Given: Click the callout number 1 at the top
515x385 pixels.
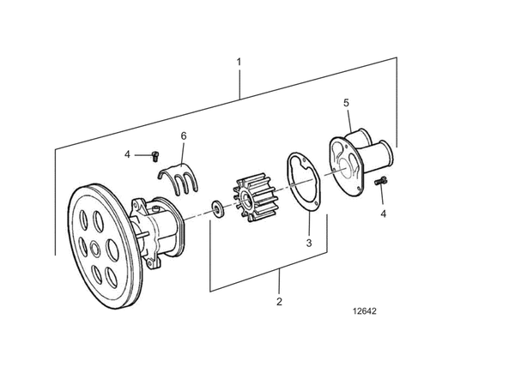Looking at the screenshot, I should coord(239,63).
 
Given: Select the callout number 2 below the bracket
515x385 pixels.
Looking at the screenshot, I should coord(279,301).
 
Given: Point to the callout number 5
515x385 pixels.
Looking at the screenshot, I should coord(346,103).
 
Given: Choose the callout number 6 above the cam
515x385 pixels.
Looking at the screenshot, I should coord(183,136).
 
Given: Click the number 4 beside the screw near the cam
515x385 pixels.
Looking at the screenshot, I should coord(127,154).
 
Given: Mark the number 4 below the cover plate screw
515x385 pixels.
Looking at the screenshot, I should coord(383,214).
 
